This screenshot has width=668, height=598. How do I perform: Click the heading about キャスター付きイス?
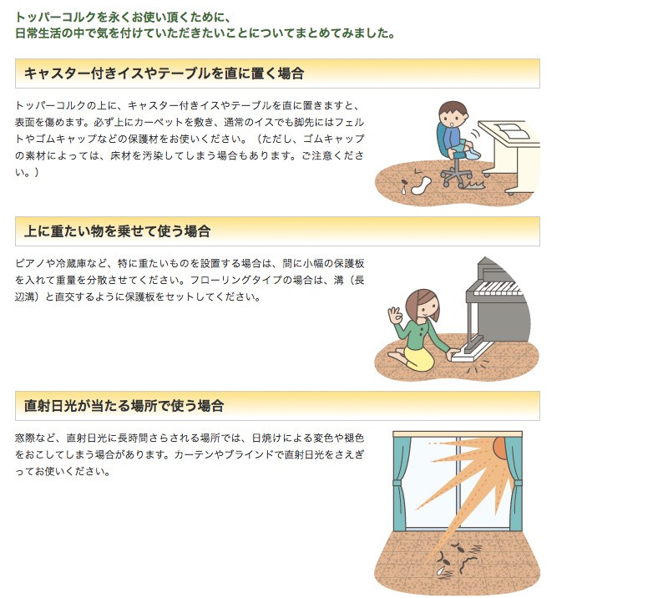click(164, 73)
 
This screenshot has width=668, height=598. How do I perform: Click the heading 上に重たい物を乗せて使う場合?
click(117, 231)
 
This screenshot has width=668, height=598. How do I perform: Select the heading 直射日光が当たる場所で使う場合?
click(124, 405)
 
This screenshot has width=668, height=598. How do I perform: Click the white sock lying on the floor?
click(421, 185)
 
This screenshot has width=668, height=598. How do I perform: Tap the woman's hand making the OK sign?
click(395, 315)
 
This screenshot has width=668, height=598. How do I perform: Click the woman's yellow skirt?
click(418, 357)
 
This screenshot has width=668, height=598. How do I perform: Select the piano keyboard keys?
click(498, 288)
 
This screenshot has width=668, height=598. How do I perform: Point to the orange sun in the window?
click(499, 446)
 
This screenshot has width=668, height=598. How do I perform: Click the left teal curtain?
click(401, 482)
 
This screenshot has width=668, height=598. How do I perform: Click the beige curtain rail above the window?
click(458, 434)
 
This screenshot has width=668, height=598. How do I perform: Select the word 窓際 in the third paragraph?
click(25, 438)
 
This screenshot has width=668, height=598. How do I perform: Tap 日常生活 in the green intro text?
click(38, 33)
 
